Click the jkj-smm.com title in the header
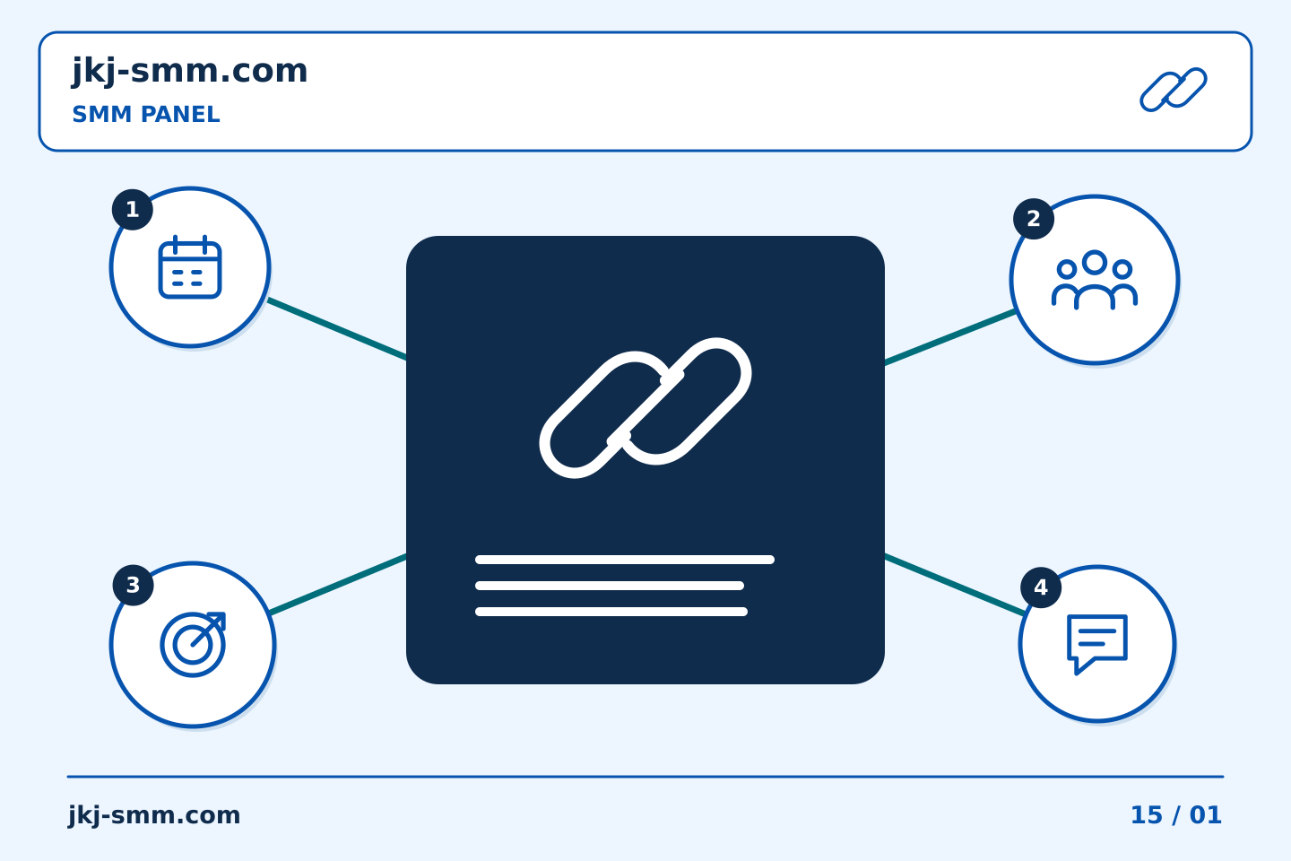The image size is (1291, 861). coord(190,72)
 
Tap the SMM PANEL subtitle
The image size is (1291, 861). coord(146,114)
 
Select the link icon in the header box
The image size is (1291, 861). coord(1174,90)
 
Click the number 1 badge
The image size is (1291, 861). coord(133,209)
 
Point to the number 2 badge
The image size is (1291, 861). coord(1034,219)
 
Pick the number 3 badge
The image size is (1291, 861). coord(133,586)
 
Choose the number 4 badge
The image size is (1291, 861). coord(1041,587)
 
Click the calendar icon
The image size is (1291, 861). coord(190,267)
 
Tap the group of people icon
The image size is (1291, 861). coord(1095,280)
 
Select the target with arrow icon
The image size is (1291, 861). coord(193,644)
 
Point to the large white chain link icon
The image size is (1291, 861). coord(645,408)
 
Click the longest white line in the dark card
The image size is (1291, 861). coord(625,560)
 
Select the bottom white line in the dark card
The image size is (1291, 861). coord(611,612)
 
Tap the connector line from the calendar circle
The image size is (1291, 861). coord(337,329)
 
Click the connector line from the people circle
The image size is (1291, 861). coord(950,337)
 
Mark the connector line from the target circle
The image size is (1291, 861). coord(338,584)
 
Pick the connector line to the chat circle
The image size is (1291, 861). coord(955,585)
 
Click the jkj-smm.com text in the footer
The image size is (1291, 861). coord(154,815)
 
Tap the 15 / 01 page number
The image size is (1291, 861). coord(1176,815)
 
